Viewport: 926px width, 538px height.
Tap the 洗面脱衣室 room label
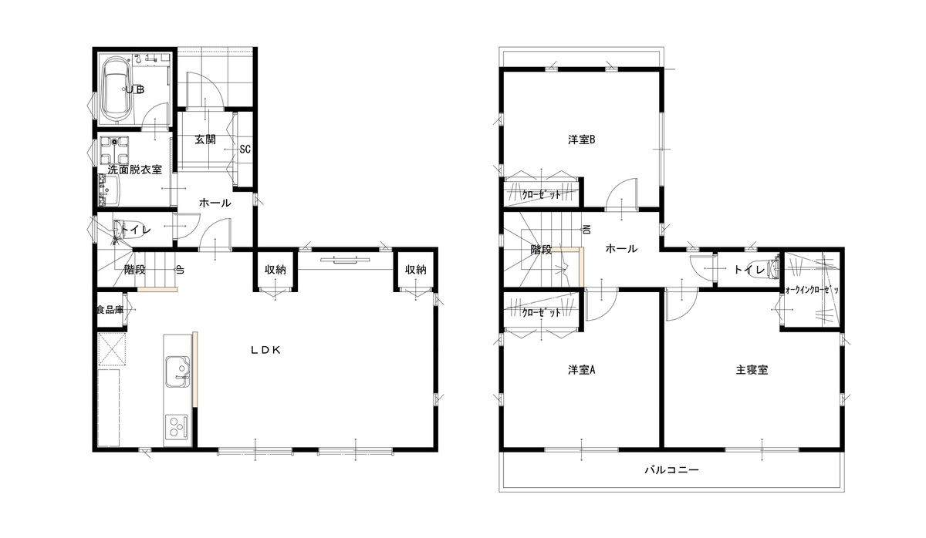click(135, 170)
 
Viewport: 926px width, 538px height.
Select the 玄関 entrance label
click(205, 140)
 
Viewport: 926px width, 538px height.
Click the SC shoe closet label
click(245, 149)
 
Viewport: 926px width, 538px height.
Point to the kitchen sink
click(177, 372)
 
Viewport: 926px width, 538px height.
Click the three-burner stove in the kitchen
click(177, 426)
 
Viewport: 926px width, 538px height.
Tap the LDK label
click(265, 350)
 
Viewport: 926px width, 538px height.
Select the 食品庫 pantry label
click(110, 310)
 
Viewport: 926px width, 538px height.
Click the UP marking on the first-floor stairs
click(181, 270)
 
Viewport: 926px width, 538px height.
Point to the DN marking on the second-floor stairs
click(587, 230)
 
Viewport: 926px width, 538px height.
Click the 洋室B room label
click(581, 140)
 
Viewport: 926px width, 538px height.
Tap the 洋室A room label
click(581, 370)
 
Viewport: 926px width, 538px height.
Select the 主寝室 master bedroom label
click(752, 370)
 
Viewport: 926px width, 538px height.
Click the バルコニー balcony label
click(672, 470)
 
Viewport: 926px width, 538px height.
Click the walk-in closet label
click(812, 290)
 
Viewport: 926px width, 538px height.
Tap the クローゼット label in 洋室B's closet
click(542, 194)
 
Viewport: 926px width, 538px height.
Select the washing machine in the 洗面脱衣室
click(114, 150)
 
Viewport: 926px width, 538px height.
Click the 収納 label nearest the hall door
click(275, 270)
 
